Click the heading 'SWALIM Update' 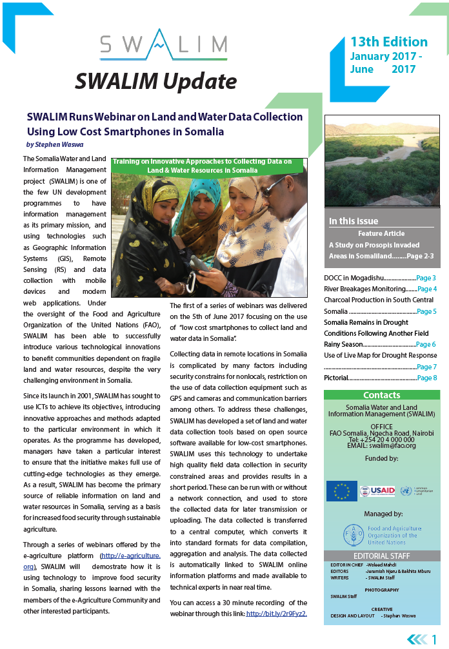point(156,82)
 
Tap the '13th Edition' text point(388,43)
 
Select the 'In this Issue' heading point(355,221)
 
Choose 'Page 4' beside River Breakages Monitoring point(426,289)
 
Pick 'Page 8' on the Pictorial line point(426,378)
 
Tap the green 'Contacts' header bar point(382,395)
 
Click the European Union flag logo point(341,491)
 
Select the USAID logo point(377,491)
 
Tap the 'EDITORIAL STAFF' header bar point(382,556)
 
